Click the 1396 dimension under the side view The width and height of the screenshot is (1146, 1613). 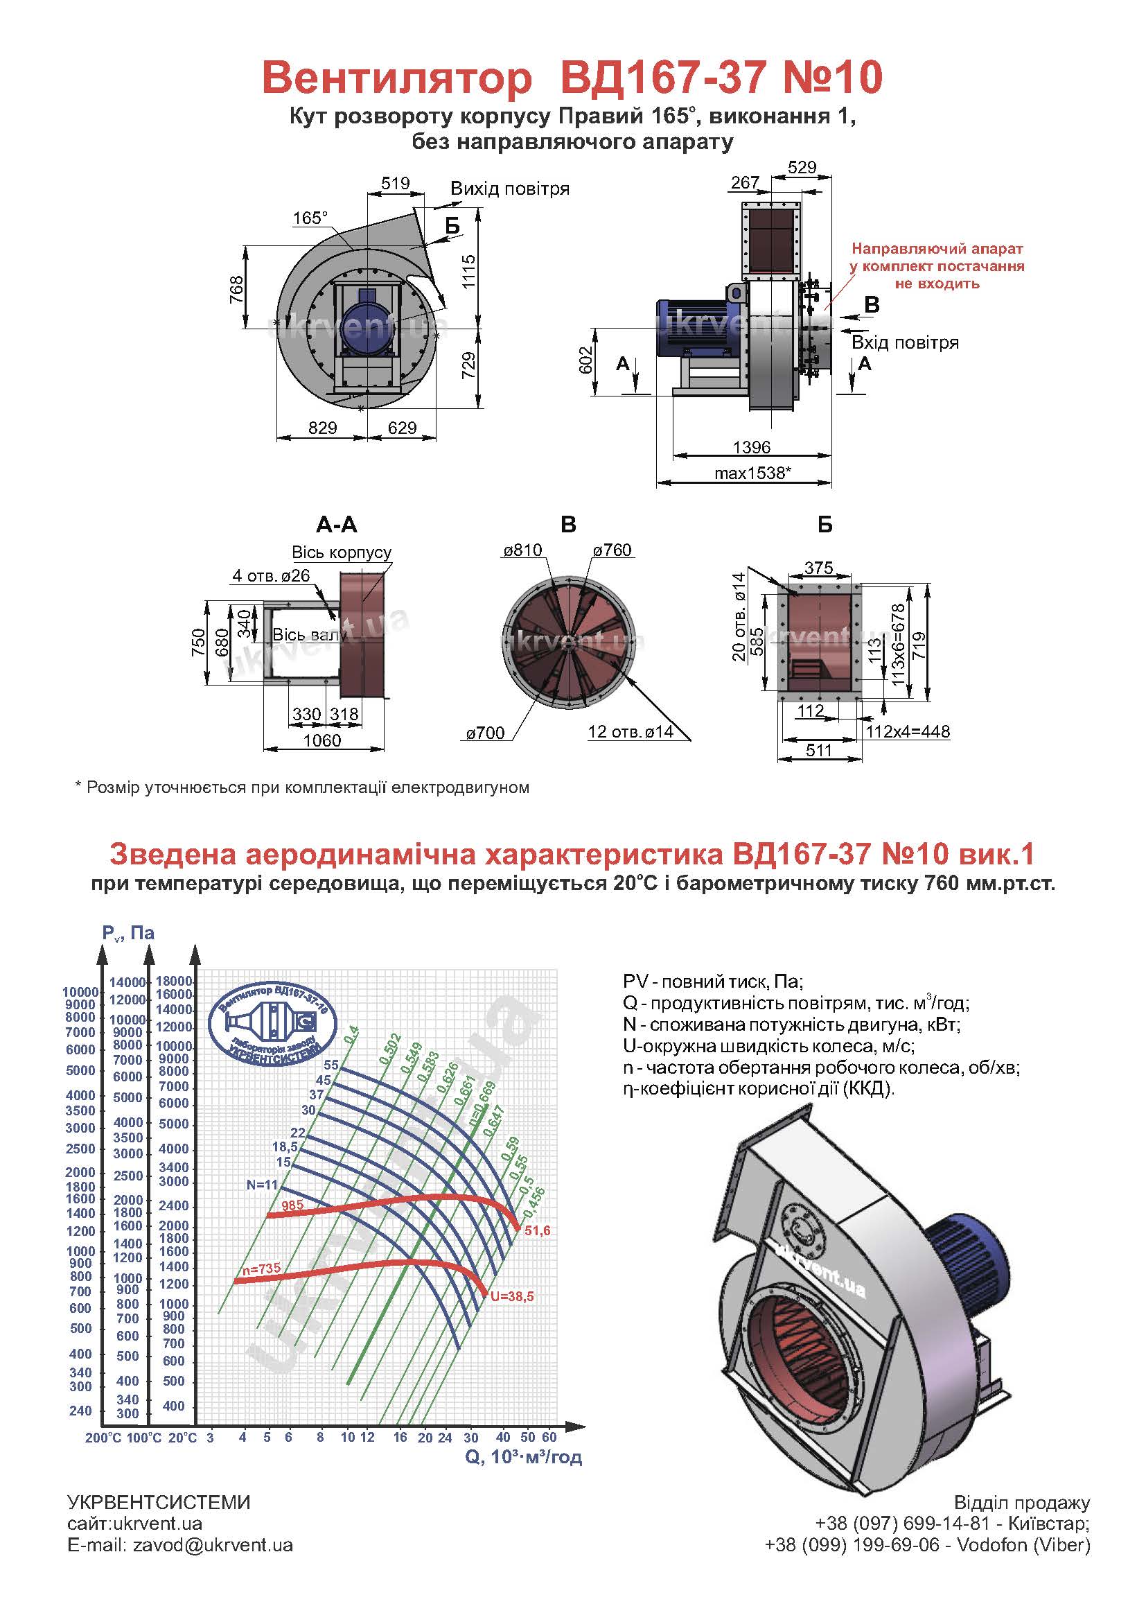(752, 447)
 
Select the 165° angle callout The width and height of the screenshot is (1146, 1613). (310, 218)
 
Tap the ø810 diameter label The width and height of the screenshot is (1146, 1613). (522, 550)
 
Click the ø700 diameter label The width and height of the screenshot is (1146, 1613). (485, 733)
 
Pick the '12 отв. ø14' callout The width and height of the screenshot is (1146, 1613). (630, 732)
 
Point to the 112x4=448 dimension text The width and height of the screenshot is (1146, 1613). (908, 731)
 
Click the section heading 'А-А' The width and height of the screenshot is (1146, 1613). (337, 525)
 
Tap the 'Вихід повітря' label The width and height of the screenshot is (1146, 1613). (509, 189)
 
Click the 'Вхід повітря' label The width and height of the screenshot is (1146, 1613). (905, 343)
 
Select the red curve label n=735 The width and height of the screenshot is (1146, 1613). (261, 1268)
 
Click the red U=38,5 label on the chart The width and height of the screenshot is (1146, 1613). (512, 1296)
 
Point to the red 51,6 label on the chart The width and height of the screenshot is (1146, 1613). (536, 1231)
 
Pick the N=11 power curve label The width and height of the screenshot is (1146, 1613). (263, 1185)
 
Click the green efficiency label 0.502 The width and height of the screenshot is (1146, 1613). (389, 1045)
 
